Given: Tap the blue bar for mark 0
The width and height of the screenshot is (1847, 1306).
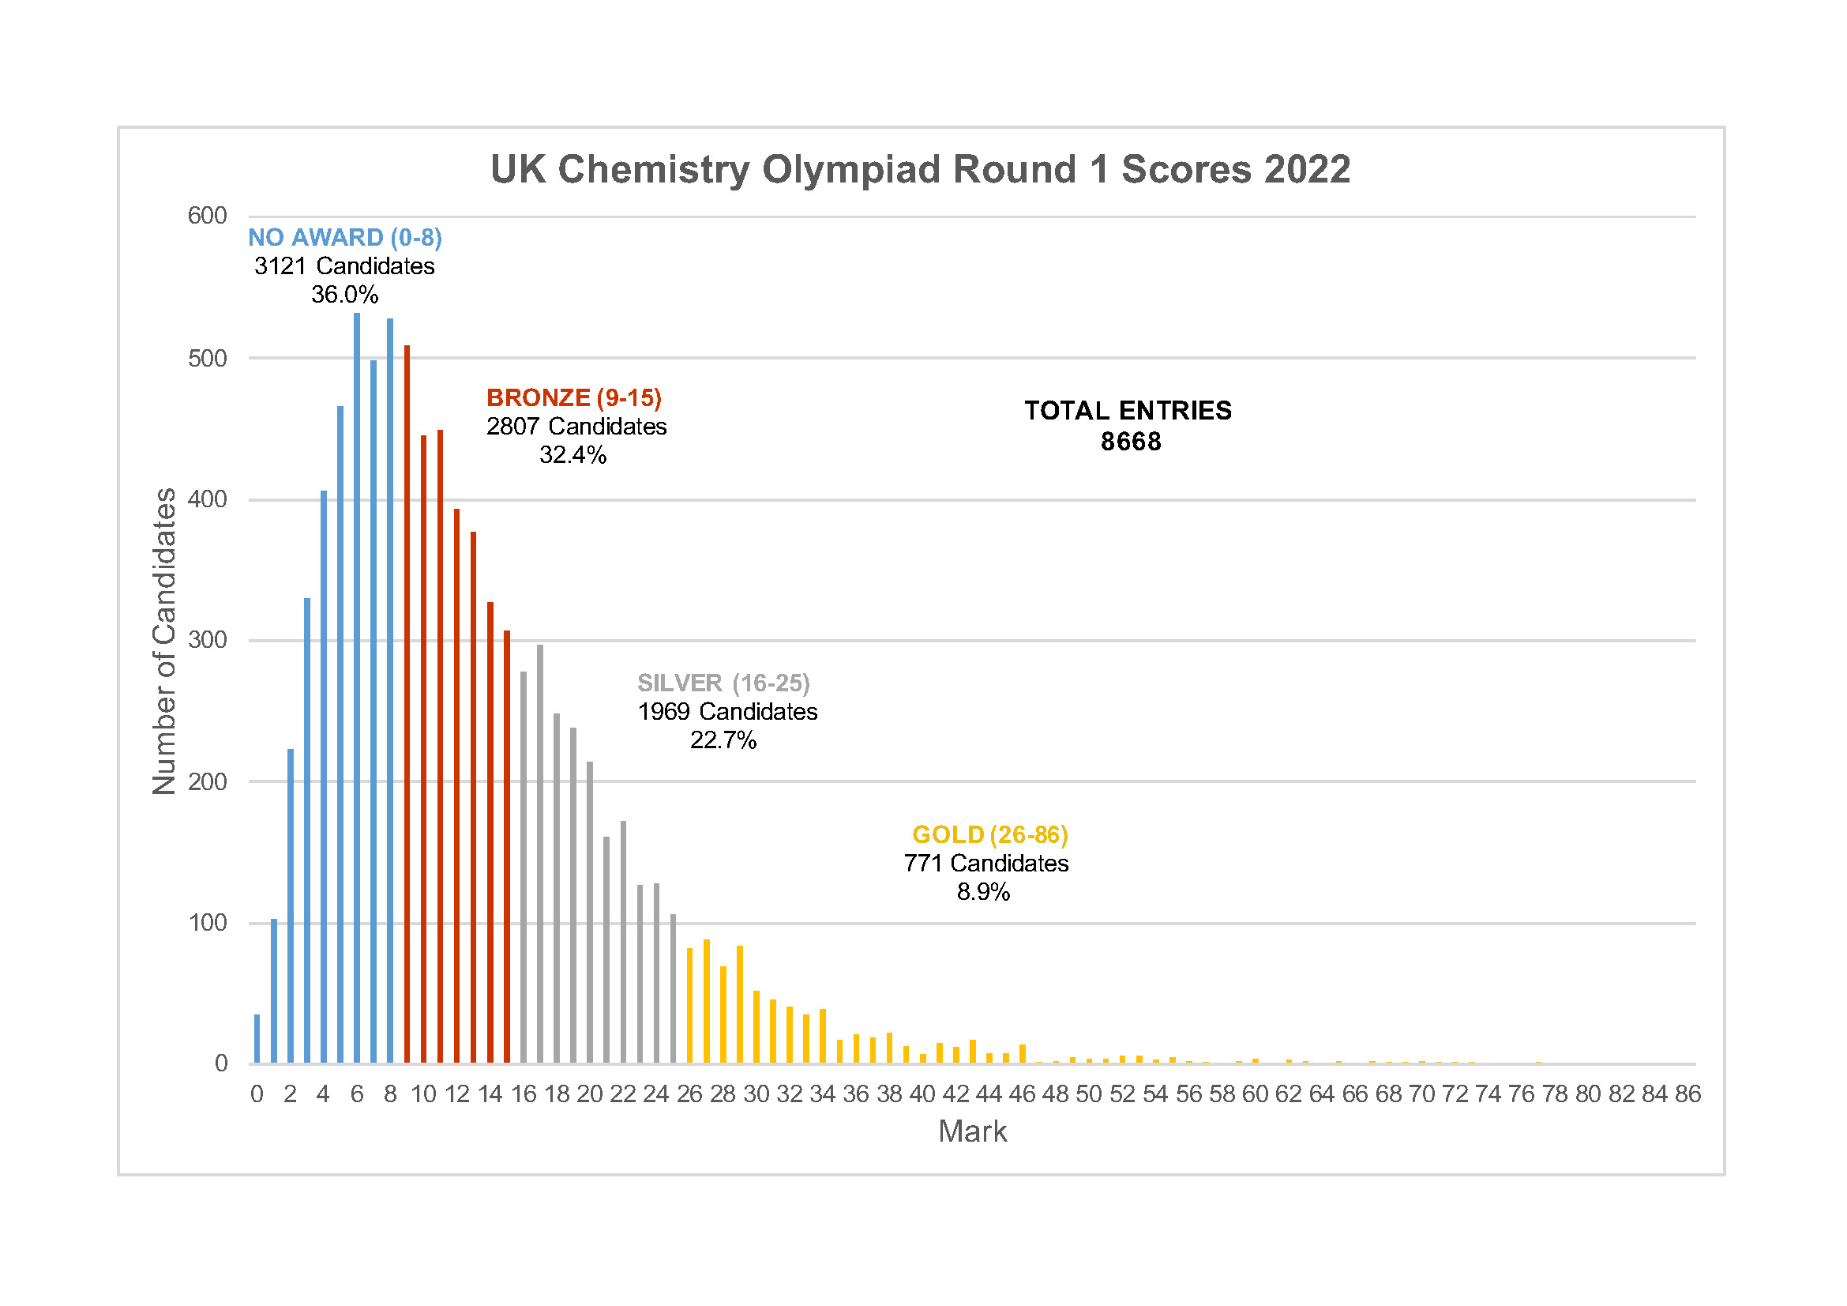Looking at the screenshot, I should pyautogui.click(x=257, y=1039).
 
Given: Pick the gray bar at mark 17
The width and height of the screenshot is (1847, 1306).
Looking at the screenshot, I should pyautogui.click(x=540, y=853).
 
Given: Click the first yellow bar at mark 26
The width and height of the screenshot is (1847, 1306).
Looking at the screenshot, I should pyautogui.click(x=689, y=1006).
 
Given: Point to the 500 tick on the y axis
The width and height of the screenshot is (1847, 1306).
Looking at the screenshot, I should pyautogui.click(x=208, y=359).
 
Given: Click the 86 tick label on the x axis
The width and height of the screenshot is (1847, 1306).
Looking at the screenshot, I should pyautogui.click(x=1687, y=1094).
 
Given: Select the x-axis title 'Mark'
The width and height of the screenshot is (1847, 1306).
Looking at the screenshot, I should pyautogui.click(x=972, y=1132).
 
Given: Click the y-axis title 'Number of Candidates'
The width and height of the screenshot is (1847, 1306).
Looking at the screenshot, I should pyautogui.click(x=164, y=642).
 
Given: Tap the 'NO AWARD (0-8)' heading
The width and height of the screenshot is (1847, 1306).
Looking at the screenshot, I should pyautogui.click(x=344, y=237).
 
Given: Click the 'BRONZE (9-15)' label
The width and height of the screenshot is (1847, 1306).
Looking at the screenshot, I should pyautogui.click(x=573, y=397).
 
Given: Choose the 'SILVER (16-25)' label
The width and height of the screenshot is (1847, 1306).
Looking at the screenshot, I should pyautogui.click(x=723, y=683).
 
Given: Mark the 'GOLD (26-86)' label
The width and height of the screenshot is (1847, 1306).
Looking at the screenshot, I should pyautogui.click(x=989, y=835).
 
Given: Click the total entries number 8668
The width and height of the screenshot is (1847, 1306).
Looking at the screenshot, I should pyautogui.click(x=1130, y=442).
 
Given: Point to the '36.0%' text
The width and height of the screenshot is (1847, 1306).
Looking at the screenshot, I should pyautogui.click(x=344, y=295).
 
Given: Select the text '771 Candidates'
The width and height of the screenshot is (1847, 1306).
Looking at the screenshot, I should pyautogui.click(x=986, y=864).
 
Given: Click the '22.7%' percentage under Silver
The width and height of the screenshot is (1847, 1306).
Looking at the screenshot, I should pyautogui.click(x=723, y=740).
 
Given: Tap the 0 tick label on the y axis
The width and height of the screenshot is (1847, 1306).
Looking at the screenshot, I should pyautogui.click(x=221, y=1063).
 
